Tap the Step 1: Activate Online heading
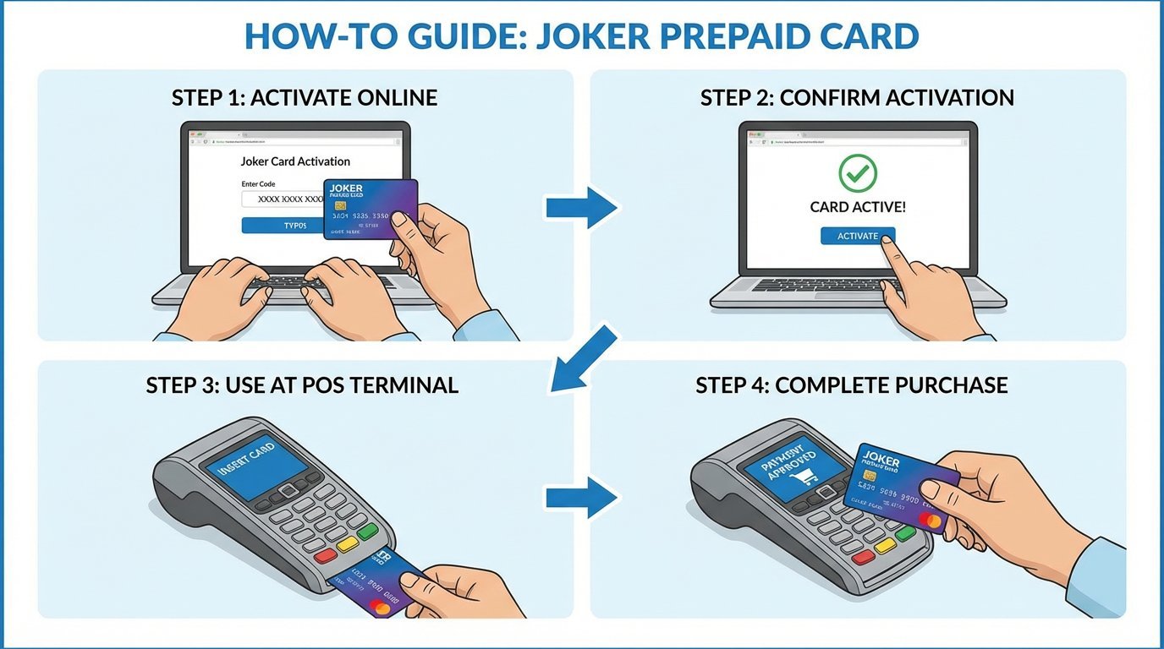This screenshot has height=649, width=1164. [x=305, y=97]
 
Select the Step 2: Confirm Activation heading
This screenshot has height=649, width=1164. [x=857, y=97]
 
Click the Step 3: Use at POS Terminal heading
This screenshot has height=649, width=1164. [x=302, y=386]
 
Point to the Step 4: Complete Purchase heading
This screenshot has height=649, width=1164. [x=851, y=386]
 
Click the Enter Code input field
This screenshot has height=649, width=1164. [x=283, y=199]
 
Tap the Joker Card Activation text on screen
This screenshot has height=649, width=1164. [x=295, y=161]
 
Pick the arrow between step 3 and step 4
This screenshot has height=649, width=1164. [x=581, y=498]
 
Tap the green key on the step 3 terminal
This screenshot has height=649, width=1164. [x=367, y=532]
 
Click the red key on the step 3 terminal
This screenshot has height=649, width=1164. [x=325, y=557]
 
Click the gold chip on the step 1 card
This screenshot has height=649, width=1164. [x=341, y=206]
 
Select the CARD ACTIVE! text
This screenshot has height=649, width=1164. [x=857, y=207]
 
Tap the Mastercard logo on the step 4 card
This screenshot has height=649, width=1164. [x=927, y=519]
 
